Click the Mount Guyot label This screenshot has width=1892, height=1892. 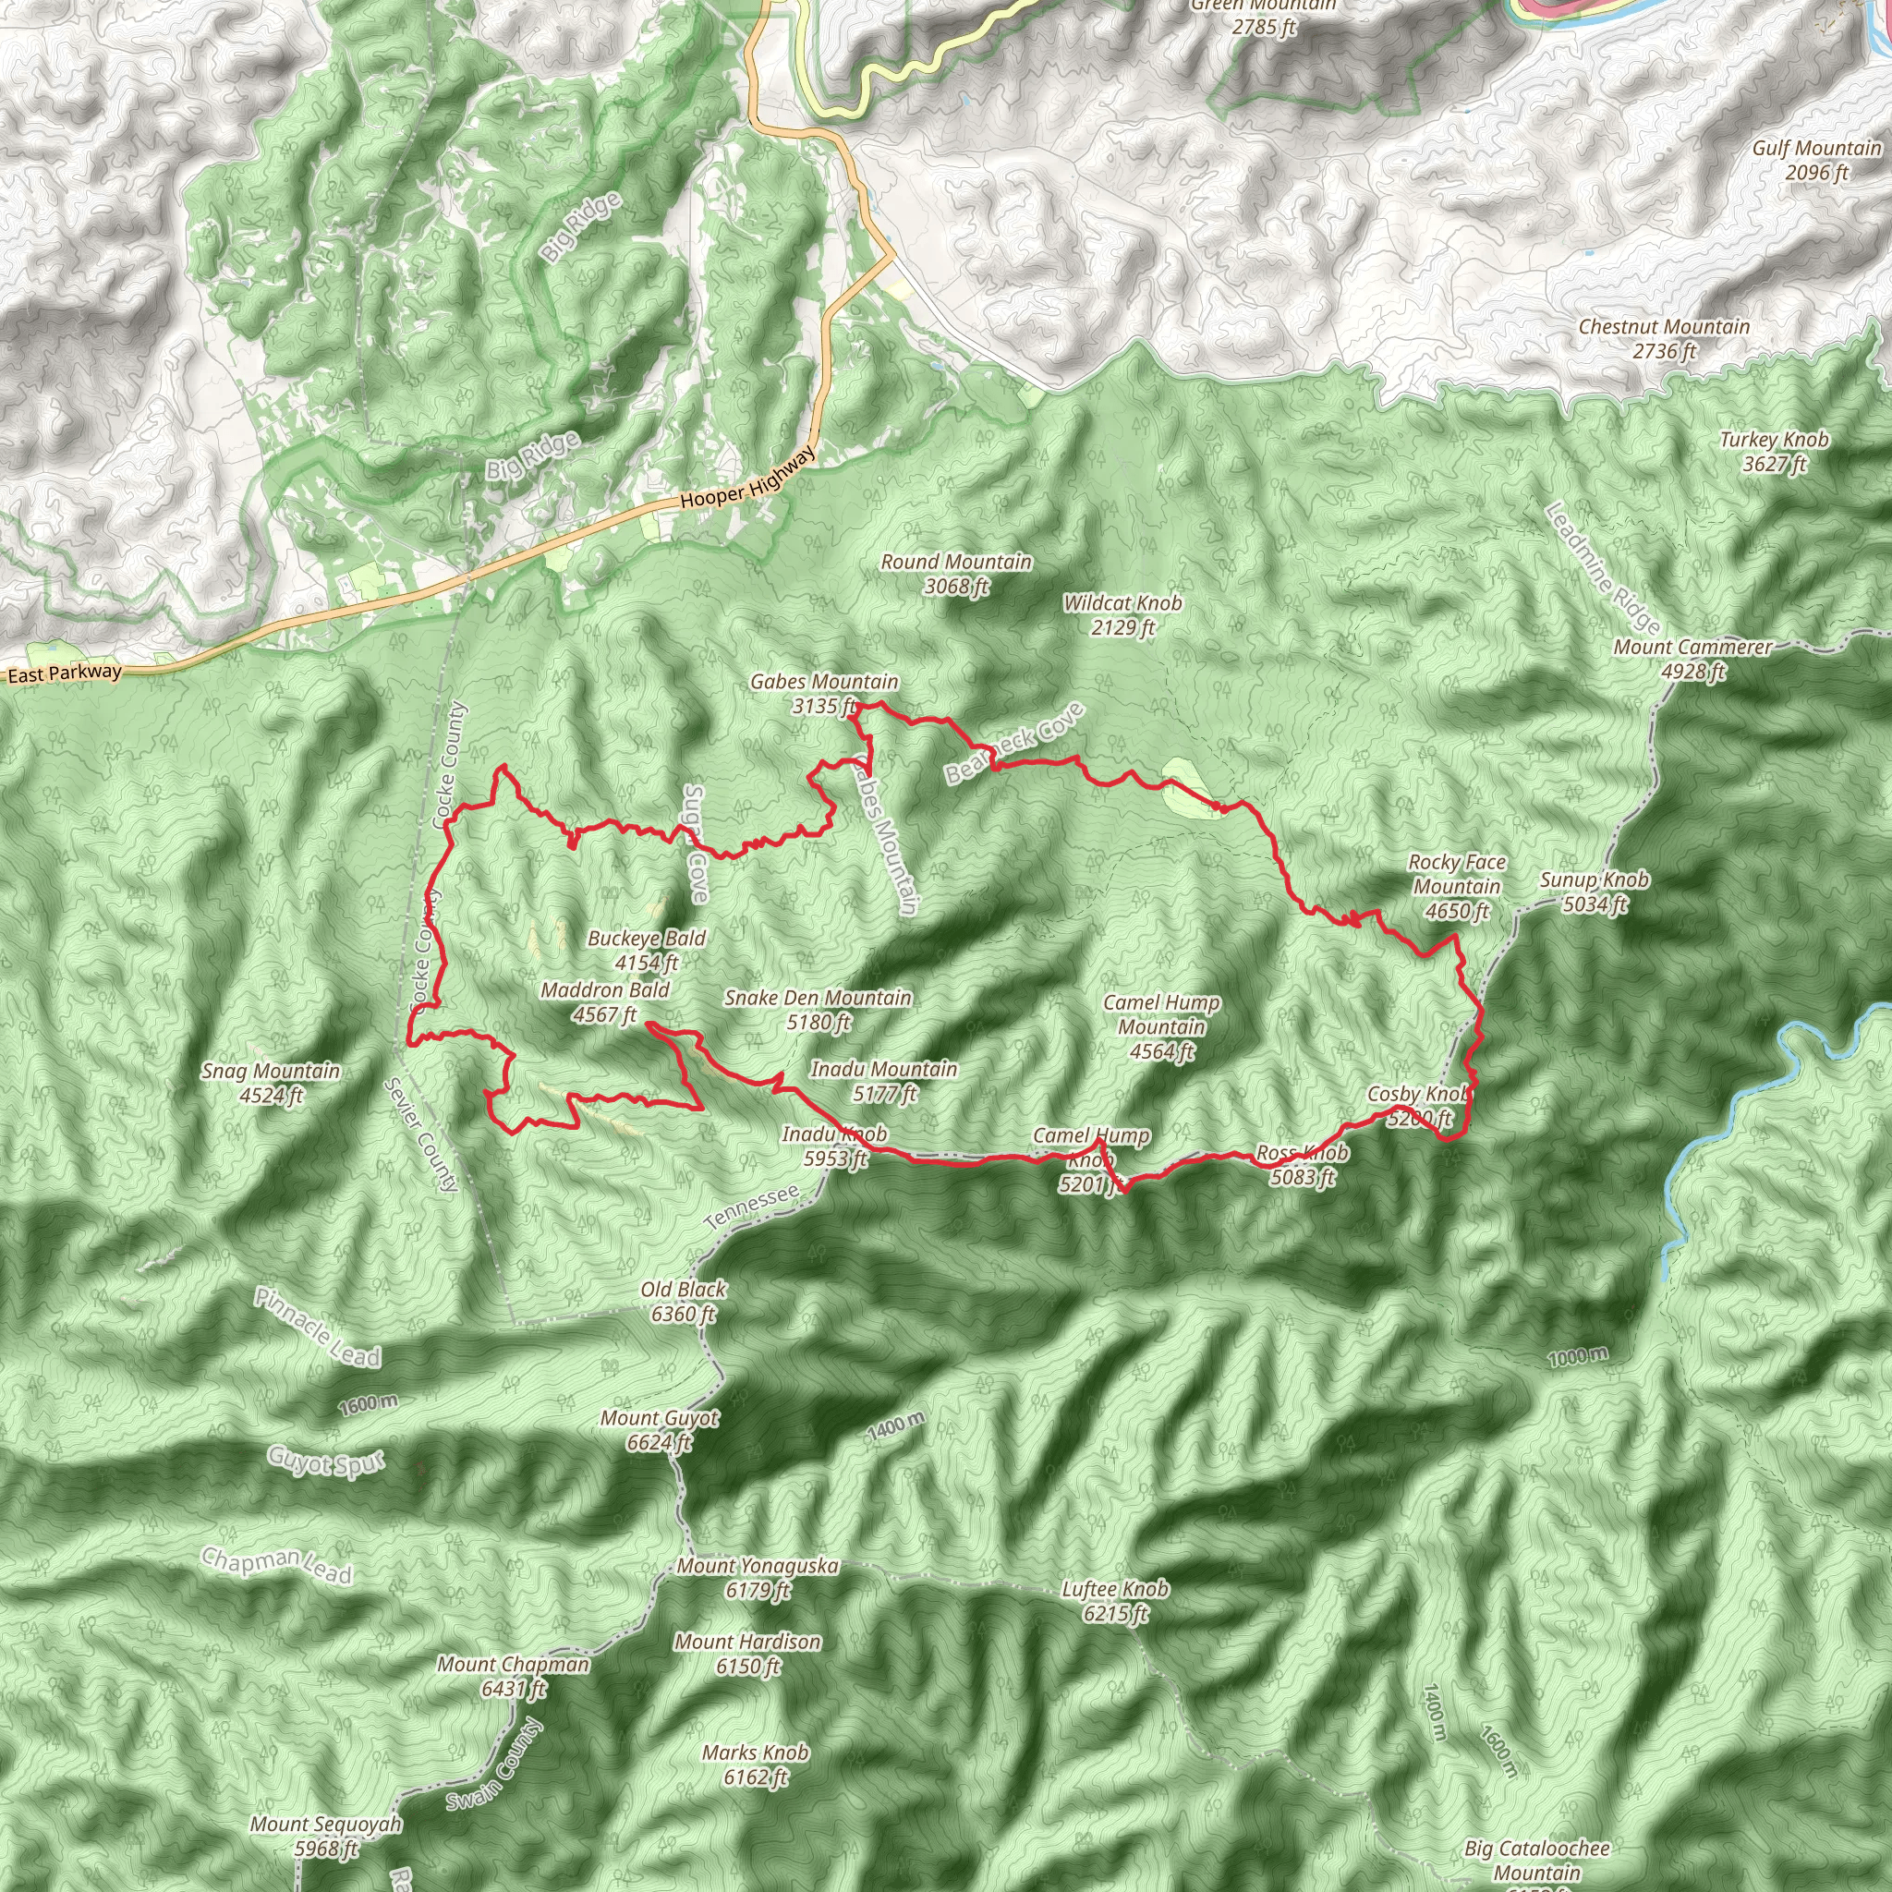click(x=660, y=1430)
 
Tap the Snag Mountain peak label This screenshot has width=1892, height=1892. click(x=271, y=1083)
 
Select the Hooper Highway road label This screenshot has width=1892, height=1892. click(x=747, y=480)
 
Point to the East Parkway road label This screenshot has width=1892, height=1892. click(x=65, y=673)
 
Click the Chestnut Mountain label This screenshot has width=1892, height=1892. click(x=1664, y=339)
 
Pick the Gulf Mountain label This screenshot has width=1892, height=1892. click(x=1816, y=160)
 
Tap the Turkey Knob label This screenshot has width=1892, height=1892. click(x=1775, y=452)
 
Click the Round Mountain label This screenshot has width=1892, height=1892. click(x=956, y=574)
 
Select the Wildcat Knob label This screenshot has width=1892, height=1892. click(x=1123, y=615)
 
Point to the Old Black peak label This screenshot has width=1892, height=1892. click(x=684, y=1302)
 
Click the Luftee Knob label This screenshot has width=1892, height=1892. click(x=1115, y=1600)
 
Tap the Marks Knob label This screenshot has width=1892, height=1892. click(x=755, y=1765)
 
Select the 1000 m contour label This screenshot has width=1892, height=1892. click(x=1578, y=1357)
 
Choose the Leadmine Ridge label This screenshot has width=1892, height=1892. click(x=1602, y=569)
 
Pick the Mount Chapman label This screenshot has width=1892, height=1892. click(x=513, y=1676)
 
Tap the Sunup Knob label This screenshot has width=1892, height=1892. click(x=1595, y=892)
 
